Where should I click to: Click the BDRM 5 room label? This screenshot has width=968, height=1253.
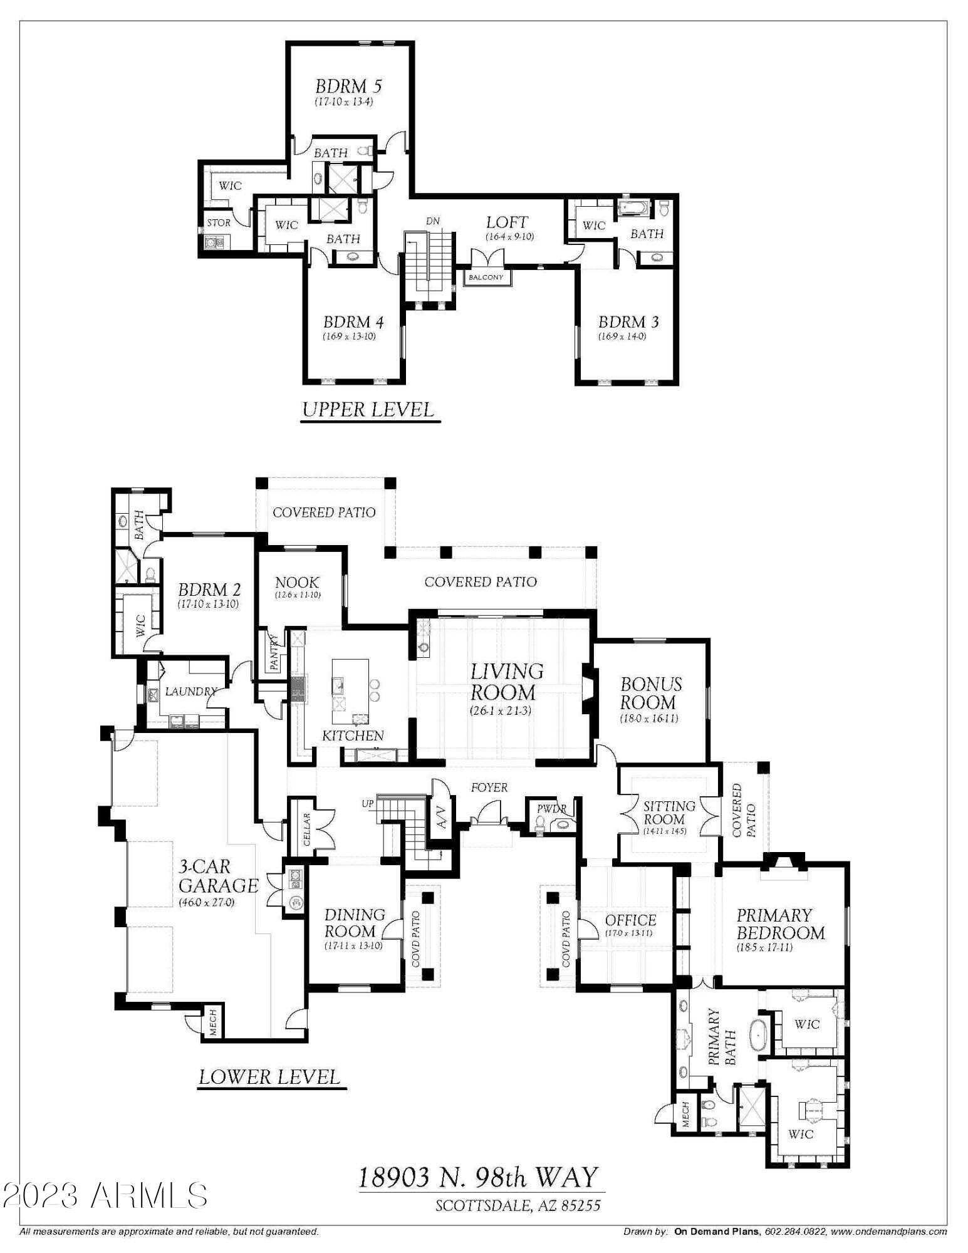pyautogui.click(x=348, y=86)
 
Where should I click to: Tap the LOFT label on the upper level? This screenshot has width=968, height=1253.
pyautogui.click(x=507, y=222)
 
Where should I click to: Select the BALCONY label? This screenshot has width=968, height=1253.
pyautogui.click(x=486, y=277)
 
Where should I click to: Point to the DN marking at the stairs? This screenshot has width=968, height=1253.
pyautogui.click(x=433, y=221)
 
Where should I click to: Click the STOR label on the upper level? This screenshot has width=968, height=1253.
pyautogui.click(x=219, y=222)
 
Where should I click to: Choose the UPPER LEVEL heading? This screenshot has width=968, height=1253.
pyautogui.click(x=368, y=410)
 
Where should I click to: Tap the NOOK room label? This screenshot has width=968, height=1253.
pyautogui.click(x=297, y=583)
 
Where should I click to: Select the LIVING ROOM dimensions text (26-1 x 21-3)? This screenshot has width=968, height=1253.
pyautogui.click(x=501, y=710)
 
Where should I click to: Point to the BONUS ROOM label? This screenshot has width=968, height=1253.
pyautogui.click(x=651, y=693)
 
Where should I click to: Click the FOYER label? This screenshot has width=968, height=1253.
pyautogui.click(x=489, y=788)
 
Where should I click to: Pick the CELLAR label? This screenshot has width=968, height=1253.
pyautogui.click(x=306, y=829)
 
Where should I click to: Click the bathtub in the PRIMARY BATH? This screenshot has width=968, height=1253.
pyautogui.click(x=756, y=1037)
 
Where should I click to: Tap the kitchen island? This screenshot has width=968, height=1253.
pyautogui.click(x=350, y=689)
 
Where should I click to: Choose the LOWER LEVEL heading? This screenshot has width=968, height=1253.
pyautogui.click(x=270, y=1077)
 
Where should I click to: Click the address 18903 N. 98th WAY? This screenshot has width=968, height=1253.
pyautogui.click(x=478, y=1177)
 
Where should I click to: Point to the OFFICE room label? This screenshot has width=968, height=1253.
pyautogui.click(x=631, y=920)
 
